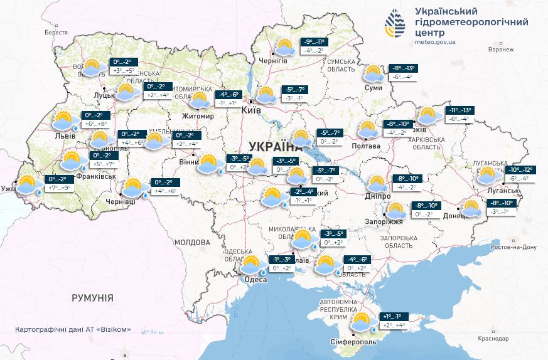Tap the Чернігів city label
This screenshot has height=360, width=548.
pyautogui.click(x=273, y=60)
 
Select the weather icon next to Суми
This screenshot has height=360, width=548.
pyautogui.click(x=375, y=74)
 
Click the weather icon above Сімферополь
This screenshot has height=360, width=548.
pyautogui.click(x=362, y=322)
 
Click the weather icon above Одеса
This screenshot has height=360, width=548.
pyautogui.click(x=252, y=264)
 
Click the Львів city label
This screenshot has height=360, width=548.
pyautogui.click(x=65, y=135)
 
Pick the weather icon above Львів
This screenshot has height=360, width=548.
pyautogui.click(x=65, y=120)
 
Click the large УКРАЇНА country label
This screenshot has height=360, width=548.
pyautogui.click(x=276, y=147)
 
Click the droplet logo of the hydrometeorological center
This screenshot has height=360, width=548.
pyautogui.click(x=395, y=25)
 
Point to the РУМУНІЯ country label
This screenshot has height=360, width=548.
pyautogui.click(x=92, y=298)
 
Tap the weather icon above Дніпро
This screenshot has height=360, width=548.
pyautogui.click(x=377, y=184)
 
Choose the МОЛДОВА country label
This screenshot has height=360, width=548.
pyautogui.click(x=191, y=242)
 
